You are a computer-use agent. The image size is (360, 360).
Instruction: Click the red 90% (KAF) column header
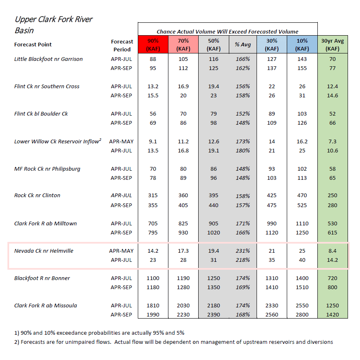tap(153, 45)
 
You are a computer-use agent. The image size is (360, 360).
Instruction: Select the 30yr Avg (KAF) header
tap(332, 45)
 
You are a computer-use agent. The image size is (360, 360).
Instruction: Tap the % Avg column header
tap(242, 45)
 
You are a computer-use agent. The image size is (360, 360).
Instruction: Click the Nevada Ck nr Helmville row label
tap(43, 251)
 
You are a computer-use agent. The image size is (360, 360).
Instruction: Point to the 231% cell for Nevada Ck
tap(242, 251)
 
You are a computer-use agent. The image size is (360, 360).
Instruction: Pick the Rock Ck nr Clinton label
tap(37, 196)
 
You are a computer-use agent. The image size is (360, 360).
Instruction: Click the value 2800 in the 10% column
tap(302, 314)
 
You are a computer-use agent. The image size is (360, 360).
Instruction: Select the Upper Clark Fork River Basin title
tap(53, 24)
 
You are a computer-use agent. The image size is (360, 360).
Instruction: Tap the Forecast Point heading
tap(33, 44)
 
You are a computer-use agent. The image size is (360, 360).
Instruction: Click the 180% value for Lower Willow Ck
tap(242, 150)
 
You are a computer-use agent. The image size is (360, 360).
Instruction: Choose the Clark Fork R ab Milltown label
tap(46, 223)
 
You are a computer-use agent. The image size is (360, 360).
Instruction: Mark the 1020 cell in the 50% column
tap(214, 233)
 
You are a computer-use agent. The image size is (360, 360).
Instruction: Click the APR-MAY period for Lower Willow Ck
tap(121, 141)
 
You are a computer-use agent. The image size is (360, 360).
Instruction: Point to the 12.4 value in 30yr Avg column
tap(332, 87)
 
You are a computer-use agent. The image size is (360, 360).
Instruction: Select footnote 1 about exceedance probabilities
tap(99, 333)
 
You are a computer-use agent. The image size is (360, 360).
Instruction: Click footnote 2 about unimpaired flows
tap(173, 342)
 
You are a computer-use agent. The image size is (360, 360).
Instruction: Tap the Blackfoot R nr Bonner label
tap(42, 278)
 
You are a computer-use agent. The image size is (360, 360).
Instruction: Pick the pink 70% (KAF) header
tap(183, 45)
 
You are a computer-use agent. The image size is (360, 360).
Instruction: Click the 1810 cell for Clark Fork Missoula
tap(153, 305)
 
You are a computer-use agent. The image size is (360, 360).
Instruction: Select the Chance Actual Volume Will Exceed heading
tap(228, 31)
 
